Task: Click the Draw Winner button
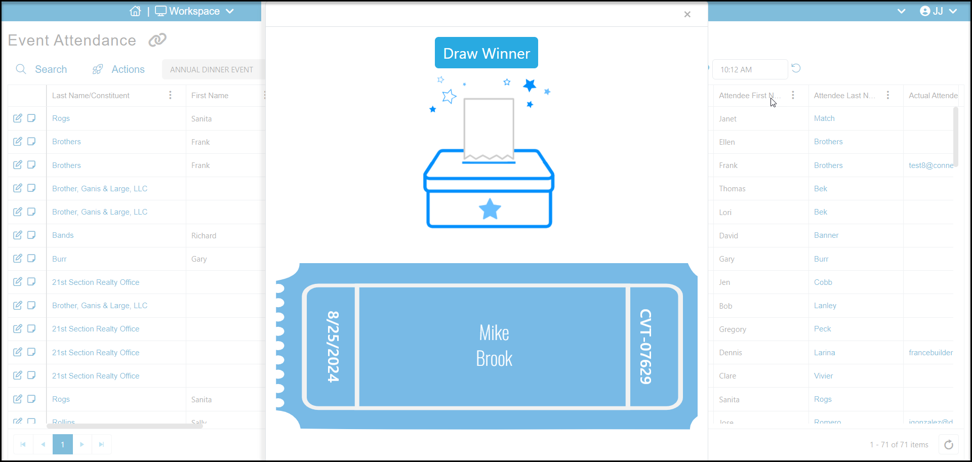tap(486, 53)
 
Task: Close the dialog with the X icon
tap(687, 14)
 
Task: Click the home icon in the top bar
tap(135, 11)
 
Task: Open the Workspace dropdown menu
tap(194, 11)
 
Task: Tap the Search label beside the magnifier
tap(51, 69)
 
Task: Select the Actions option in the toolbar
tap(128, 69)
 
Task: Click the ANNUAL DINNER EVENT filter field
tap(212, 69)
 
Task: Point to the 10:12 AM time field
tap(749, 69)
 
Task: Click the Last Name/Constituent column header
tap(91, 96)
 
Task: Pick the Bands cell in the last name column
tap(63, 235)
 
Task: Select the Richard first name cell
tap(204, 236)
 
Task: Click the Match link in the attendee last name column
tap(824, 118)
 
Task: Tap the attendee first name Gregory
tap(732, 329)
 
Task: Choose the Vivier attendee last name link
tap(823, 376)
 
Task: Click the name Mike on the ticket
tap(494, 333)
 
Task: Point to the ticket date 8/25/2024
tap(333, 347)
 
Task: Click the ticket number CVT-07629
tap(645, 347)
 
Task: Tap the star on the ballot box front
tap(490, 209)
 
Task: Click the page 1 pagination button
tap(63, 444)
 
